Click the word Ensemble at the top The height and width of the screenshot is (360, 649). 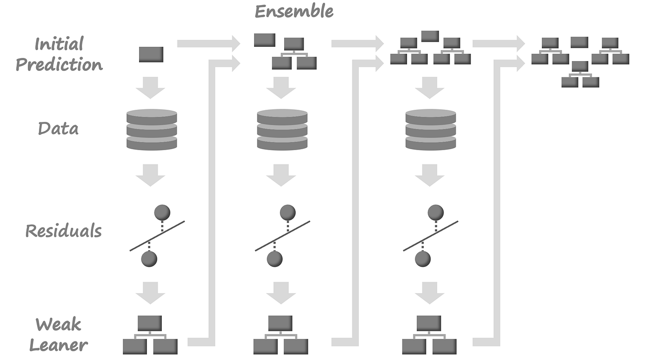[294, 11]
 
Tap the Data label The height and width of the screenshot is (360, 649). [58, 128]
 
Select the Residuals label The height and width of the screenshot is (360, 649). [64, 230]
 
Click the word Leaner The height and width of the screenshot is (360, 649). [58, 345]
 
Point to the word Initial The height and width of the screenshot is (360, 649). [59, 44]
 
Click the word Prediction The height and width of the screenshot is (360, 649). [59, 64]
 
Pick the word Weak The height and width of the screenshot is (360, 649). [58, 324]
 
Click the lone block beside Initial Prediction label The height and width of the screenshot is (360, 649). [151, 55]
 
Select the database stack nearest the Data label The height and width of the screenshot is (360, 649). [152, 130]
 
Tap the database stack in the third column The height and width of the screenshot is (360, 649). [431, 130]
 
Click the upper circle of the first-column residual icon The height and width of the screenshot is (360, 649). [162, 212]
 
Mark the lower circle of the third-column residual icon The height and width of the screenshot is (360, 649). [422, 259]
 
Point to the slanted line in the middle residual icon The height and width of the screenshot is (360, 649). [282, 236]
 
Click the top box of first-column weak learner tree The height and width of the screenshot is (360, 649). [150, 323]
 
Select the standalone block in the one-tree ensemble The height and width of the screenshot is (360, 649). [264, 40]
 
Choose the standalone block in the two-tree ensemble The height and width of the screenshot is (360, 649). [430, 36]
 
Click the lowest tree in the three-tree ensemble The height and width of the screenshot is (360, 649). [580, 74]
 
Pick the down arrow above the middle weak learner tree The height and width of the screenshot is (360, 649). [281, 293]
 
